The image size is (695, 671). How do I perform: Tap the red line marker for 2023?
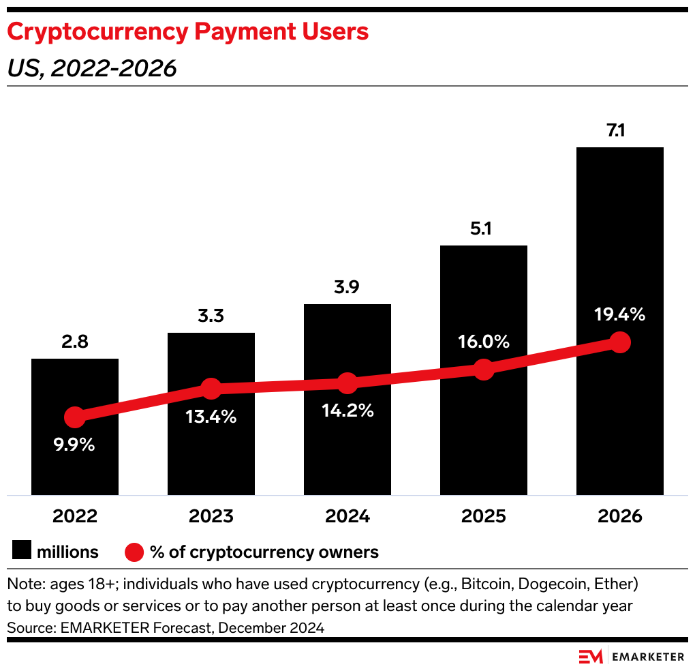tap(211, 389)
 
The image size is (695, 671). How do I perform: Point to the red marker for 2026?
tap(619, 342)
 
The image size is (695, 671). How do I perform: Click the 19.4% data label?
tap(619, 314)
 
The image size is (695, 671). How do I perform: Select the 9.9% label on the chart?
tap(75, 445)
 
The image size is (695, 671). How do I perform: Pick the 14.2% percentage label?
tap(347, 411)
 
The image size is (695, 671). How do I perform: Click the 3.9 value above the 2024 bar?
tap(347, 287)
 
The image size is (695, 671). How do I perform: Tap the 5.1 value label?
tap(484, 228)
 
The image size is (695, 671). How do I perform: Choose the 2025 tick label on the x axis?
tap(484, 516)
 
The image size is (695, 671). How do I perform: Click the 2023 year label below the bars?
tap(211, 516)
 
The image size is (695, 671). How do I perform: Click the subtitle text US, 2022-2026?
tap(91, 68)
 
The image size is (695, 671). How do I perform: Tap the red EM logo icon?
tap(591, 657)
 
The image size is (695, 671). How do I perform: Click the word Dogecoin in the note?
tap(554, 584)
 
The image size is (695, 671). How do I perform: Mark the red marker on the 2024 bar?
tap(347, 383)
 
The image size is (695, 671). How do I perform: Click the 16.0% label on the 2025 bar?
tap(484, 342)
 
